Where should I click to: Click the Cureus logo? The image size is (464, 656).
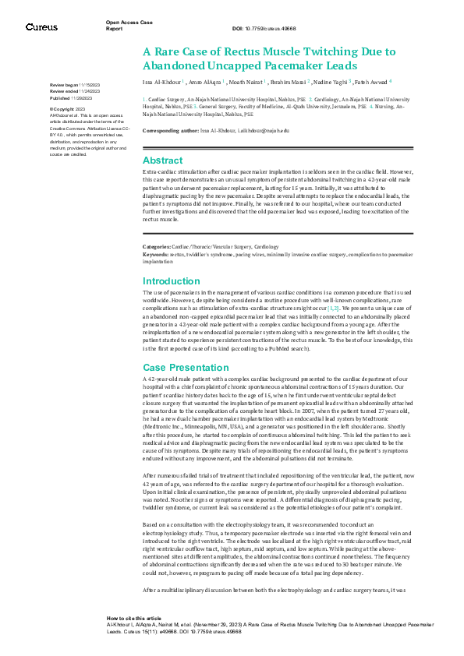(41, 27)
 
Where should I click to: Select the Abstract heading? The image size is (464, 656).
(162, 160)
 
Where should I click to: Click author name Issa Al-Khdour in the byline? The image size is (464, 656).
(161, 80)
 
